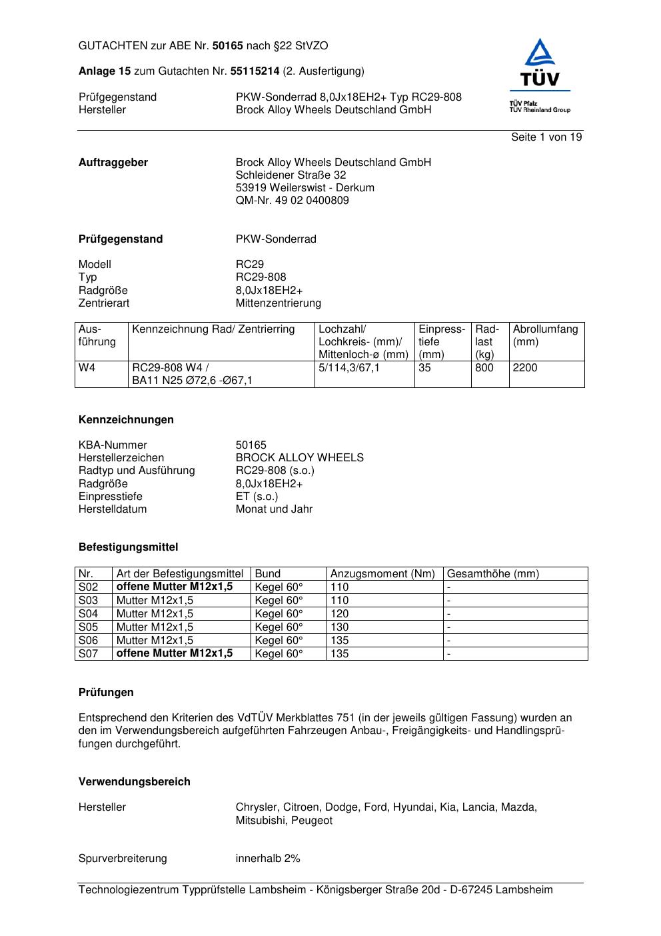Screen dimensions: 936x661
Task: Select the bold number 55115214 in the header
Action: [x=255, y=71]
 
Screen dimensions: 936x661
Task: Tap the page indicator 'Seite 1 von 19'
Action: [x=546, y=137]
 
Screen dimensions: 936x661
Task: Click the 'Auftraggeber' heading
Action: [x=113, y=163]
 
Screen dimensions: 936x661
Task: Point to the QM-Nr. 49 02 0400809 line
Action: [x=292, y=201]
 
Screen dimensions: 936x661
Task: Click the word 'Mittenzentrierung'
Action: [x=278, y=303]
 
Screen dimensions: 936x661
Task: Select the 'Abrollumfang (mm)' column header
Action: [x=545, y=335]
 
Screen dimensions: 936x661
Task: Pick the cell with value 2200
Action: [x=525, y=368]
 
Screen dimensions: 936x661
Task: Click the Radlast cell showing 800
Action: [x=484, y=368]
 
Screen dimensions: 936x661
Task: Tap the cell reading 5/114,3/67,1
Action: [x=349, y=368]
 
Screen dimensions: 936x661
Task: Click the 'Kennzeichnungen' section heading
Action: [x=126, y=420]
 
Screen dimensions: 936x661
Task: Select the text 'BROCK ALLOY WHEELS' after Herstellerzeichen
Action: [x=299, y=458]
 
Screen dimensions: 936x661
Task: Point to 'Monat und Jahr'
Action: [x=274, y=509]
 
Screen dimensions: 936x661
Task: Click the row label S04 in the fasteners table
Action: [x=89, y=614]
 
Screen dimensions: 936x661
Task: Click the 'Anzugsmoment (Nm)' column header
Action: [x=382, y=574]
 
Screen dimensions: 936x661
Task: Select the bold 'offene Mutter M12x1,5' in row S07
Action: [x=175, y=653]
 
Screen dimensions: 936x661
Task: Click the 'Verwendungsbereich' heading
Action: [x=134, y=782]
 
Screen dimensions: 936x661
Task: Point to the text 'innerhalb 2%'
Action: [x=268, y=859]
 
